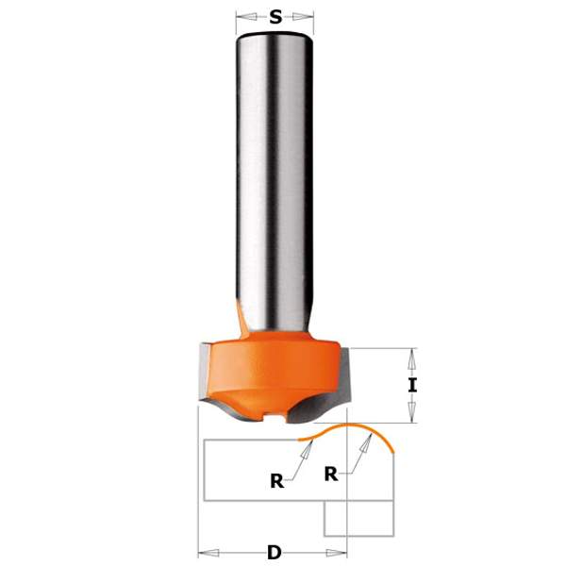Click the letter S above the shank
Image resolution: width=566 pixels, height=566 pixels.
click(275, 16)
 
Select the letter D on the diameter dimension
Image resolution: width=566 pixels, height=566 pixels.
click(274, 550)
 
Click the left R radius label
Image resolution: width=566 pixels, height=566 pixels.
click(276, 480)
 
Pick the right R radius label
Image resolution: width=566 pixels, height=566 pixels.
click(331, 474)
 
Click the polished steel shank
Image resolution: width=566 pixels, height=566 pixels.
click(274, 170)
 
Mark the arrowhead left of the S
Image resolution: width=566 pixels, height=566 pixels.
click(242, 16)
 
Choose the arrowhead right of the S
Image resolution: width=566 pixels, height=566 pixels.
click(307, 16)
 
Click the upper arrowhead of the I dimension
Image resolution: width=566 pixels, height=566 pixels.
click(410, 355)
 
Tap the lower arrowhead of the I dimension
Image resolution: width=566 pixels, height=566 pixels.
click(410, 416)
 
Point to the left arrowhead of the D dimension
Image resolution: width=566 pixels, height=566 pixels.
click(205, 550)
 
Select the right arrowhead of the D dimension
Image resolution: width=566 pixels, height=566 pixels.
click(341, 550)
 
